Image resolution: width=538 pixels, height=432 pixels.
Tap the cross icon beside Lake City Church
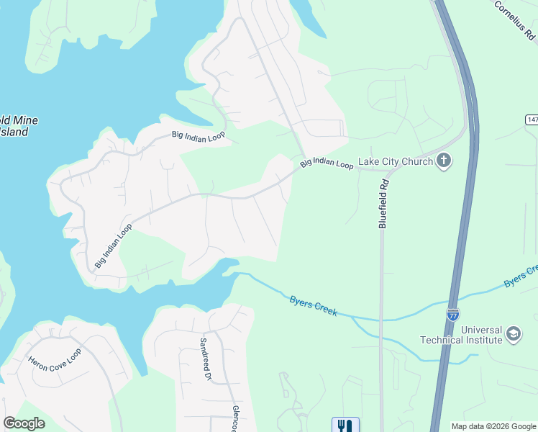444,161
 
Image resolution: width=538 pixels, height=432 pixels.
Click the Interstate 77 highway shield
452,315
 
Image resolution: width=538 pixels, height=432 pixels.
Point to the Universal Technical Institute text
461,335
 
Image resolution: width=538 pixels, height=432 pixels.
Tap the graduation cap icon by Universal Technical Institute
513,334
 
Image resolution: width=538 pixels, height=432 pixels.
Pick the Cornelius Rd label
515,19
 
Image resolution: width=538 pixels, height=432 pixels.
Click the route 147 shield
532,120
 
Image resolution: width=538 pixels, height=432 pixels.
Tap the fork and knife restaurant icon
345,426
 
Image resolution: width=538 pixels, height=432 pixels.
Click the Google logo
24,423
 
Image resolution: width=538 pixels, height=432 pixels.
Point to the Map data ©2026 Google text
493,426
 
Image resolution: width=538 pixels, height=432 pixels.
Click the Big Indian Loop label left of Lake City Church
327,163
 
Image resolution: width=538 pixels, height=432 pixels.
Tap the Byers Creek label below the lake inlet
313,305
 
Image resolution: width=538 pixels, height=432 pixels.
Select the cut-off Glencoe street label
234,418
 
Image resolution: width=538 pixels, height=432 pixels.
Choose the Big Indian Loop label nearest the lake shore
198,135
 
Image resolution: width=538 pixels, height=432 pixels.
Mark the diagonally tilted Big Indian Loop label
114,246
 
